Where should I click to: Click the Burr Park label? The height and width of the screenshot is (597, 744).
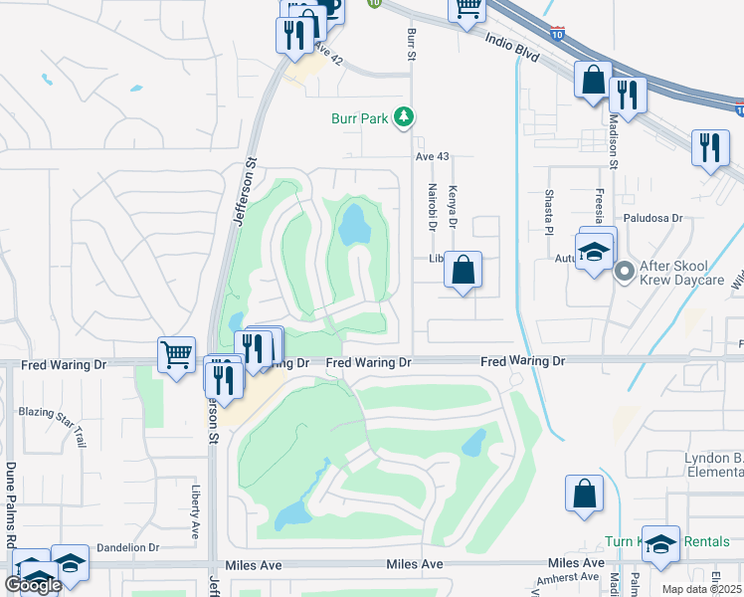point(359,118)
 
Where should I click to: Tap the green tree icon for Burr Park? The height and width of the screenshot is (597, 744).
point(404,118)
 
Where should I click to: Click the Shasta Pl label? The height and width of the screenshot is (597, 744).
point(547,213)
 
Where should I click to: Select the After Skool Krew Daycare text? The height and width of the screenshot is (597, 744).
point(686,271)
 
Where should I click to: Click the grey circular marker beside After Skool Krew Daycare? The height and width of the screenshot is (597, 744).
point(625,270)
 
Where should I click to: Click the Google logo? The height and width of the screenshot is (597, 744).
point(33,585)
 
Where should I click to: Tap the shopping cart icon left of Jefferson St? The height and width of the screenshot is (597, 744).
point(176,354)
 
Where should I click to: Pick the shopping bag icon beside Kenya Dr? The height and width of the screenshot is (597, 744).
point(464,270)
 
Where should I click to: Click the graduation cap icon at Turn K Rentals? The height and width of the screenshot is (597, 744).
point(660,544)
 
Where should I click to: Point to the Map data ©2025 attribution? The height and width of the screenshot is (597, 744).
point(702,589)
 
